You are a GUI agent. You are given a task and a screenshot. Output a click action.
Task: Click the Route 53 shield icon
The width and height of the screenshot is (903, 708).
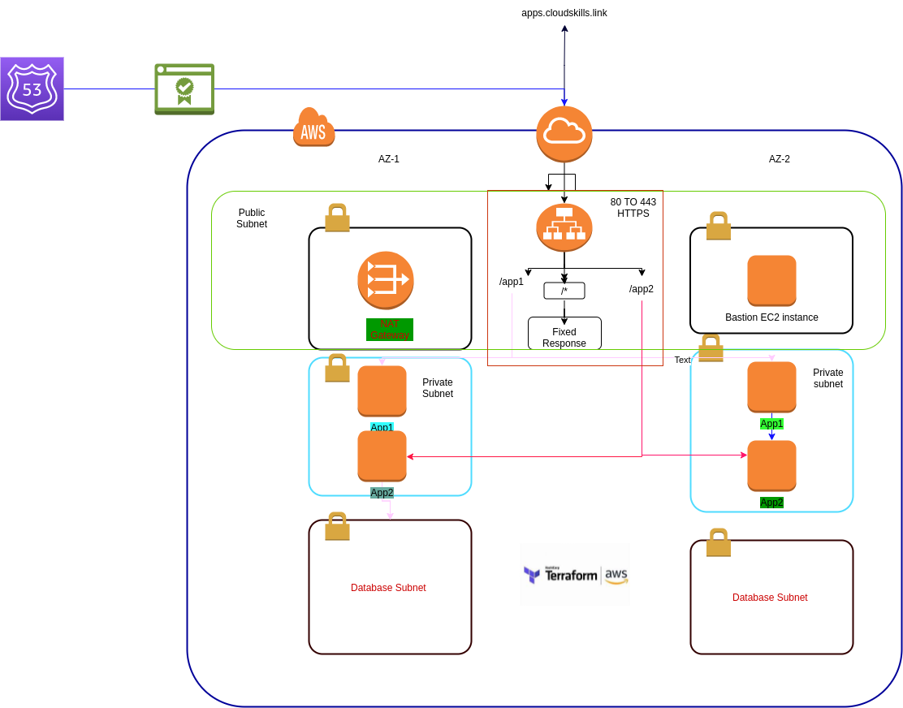coord(32,88)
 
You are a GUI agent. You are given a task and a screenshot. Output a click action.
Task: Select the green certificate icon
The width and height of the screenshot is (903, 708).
coord(184,88)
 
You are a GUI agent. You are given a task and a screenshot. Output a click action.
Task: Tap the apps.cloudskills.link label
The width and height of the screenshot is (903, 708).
coord(564,13)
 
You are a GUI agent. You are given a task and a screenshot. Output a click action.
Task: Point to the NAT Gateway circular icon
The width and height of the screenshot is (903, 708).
coord(386,280)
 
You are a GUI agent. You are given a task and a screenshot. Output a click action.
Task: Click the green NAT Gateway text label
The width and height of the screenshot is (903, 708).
coord(390,330)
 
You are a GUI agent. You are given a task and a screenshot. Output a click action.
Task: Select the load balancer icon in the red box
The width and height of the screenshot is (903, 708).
coord(564,227)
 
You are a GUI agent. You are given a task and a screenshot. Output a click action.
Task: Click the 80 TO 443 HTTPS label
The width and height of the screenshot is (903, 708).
coord(633,208)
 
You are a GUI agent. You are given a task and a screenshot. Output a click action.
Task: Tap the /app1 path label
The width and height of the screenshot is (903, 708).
coord(512,282)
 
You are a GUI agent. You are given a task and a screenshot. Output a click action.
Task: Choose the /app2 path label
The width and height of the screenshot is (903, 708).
coord(642,289)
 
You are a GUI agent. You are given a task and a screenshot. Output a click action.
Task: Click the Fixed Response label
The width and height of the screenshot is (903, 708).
coord(564,338)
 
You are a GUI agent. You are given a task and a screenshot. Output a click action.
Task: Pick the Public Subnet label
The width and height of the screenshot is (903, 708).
coord(252,218)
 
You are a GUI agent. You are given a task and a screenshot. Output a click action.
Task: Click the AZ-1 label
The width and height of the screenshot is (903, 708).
coord(389,159)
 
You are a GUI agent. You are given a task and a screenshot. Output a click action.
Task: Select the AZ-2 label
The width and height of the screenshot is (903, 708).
coord(780,159)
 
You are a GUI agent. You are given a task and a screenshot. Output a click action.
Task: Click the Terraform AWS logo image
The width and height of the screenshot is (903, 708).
coord(575,574)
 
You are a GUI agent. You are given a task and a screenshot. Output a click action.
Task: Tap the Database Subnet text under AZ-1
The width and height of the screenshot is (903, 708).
coord(388,587)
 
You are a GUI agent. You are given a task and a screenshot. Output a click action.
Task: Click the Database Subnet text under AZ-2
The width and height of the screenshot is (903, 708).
coord(770,597)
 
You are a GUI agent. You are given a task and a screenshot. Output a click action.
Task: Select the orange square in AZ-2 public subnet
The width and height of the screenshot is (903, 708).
coord(771,280)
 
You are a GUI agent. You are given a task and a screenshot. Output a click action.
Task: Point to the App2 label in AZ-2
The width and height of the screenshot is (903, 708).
coord(771,503)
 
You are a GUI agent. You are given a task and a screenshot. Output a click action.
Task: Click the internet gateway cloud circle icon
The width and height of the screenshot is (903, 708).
coord(564,134)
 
